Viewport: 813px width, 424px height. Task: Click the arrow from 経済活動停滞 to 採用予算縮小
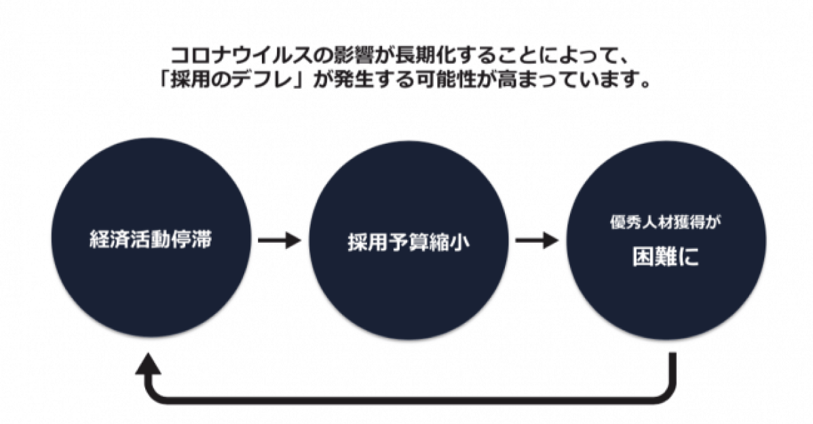(278, 240)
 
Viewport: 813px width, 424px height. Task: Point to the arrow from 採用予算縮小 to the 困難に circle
(536, 240)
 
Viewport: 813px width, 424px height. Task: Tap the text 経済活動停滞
(150, 241)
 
